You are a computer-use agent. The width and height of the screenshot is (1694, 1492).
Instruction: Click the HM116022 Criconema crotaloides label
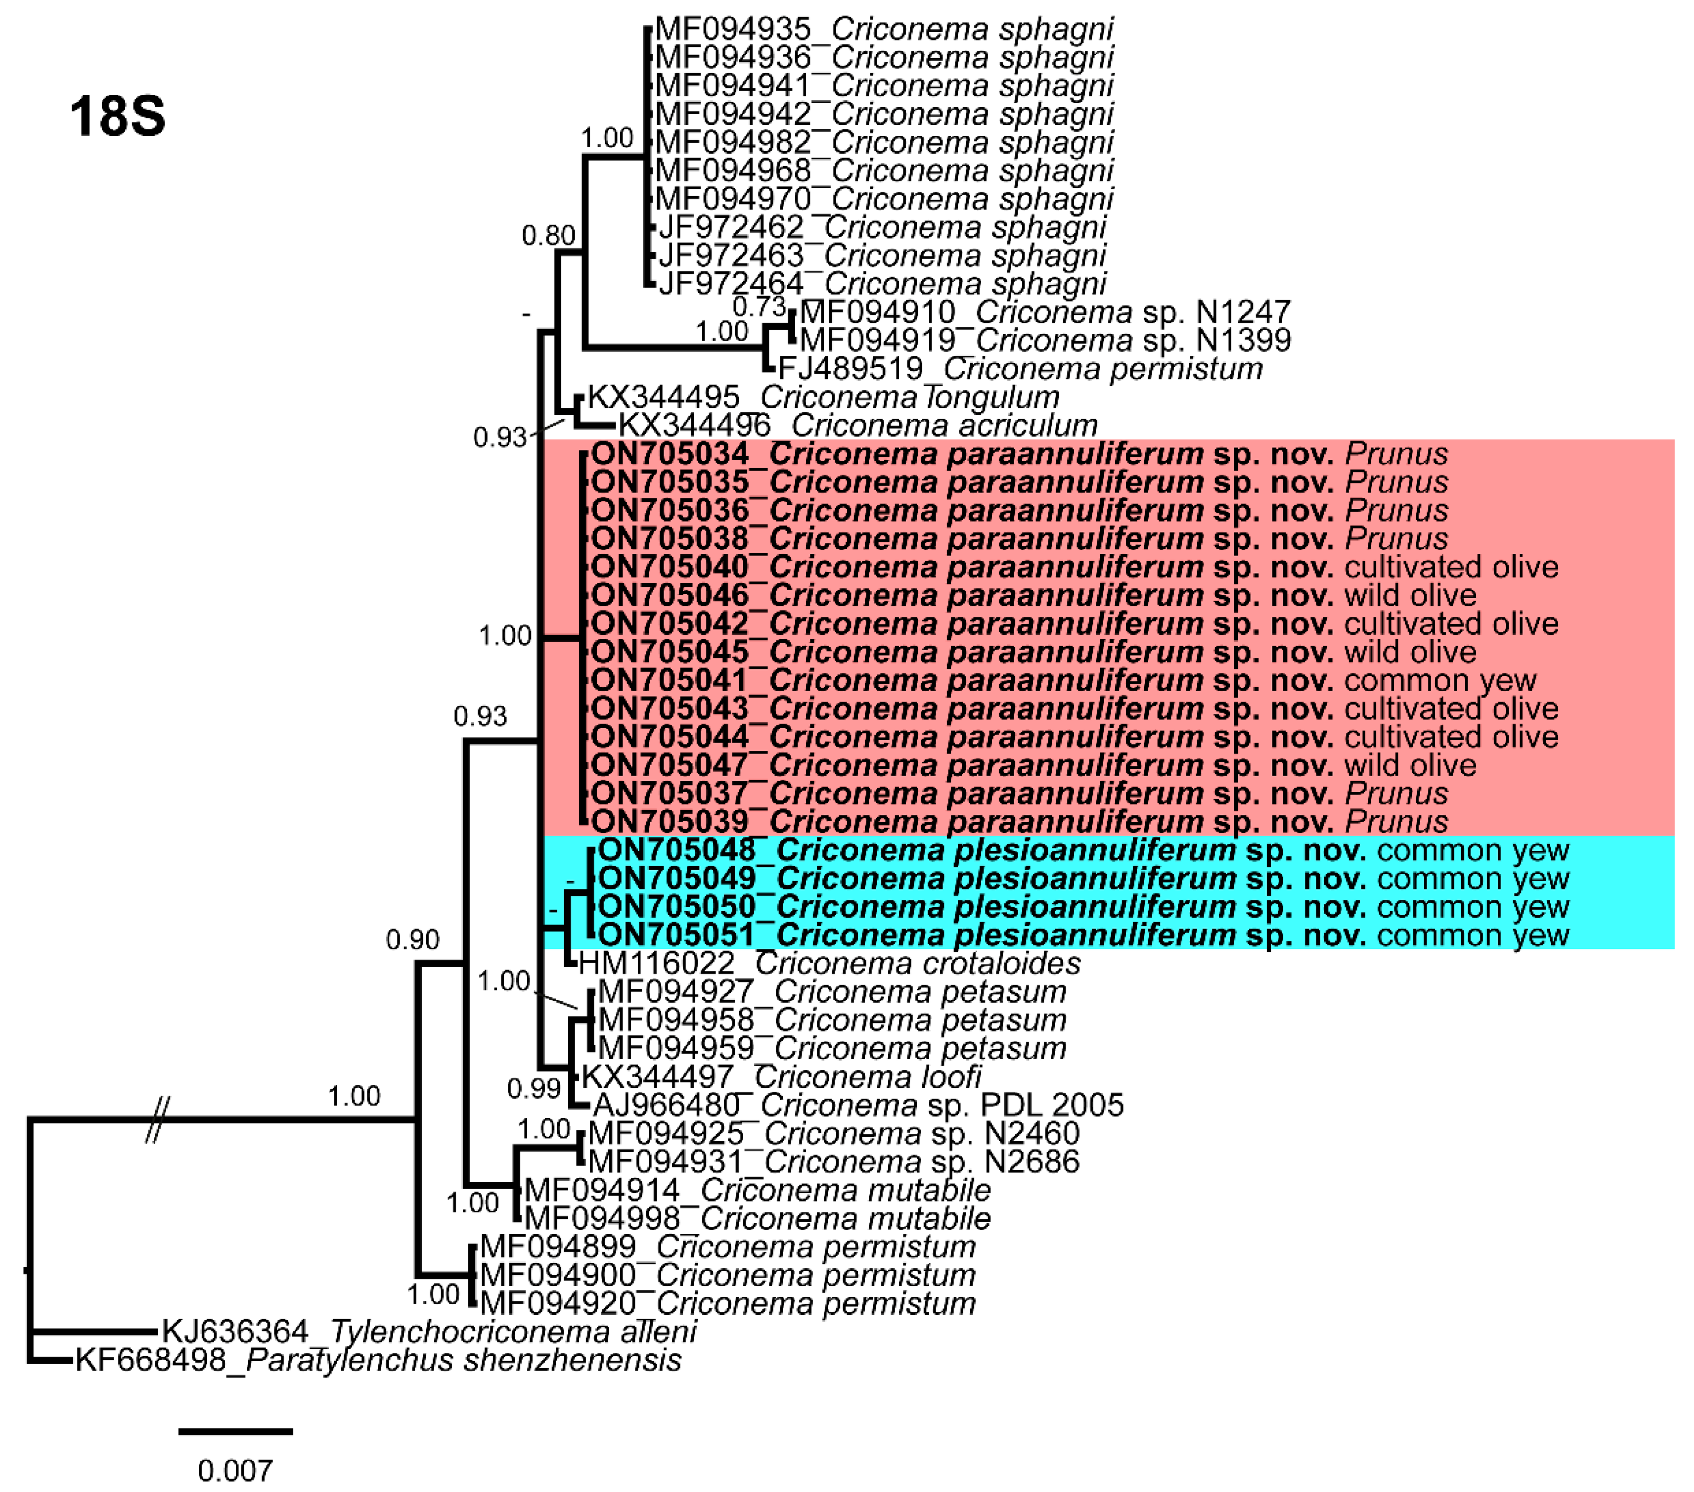829,964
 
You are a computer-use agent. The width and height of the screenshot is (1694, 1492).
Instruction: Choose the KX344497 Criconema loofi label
781,1077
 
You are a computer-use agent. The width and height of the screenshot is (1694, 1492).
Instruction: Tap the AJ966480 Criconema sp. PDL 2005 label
858,1105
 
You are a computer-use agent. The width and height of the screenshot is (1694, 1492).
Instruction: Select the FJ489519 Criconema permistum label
1019,369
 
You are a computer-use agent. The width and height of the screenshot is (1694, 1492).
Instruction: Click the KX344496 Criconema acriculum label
858,426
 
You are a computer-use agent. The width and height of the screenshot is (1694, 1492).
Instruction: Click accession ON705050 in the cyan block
677,907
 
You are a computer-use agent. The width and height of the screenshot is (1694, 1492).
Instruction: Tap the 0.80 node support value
548,236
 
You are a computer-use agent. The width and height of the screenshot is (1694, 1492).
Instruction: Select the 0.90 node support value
413,940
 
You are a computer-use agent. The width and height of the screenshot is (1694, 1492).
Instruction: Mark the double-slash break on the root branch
157,1120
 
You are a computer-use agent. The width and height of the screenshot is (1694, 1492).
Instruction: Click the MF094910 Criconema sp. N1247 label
1044,312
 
